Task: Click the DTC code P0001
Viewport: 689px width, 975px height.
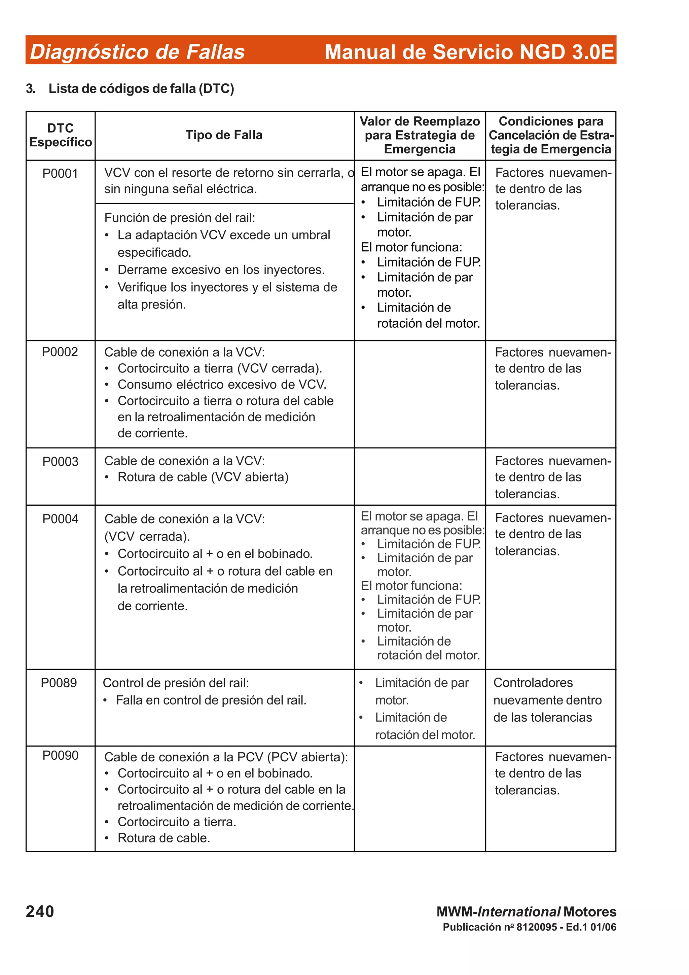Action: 60,174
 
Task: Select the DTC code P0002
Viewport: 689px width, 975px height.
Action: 60,352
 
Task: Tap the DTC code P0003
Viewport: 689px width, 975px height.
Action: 60,462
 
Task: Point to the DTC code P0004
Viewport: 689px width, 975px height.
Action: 60,519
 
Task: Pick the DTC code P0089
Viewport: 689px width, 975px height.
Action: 59,683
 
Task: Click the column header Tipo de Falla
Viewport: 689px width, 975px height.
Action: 224,135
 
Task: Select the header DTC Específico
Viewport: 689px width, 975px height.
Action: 60,135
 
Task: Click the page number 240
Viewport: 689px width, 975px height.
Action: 40,912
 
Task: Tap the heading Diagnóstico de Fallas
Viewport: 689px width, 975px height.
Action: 137,52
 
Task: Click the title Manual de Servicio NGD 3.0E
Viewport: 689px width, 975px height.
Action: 469,52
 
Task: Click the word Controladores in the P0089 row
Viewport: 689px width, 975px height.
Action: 533,683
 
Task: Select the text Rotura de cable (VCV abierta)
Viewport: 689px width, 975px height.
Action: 203,477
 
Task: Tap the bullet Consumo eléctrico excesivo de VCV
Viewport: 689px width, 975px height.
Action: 222,385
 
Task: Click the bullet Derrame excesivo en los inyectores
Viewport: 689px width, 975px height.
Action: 221,270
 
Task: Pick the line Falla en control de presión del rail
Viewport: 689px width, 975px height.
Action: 211,700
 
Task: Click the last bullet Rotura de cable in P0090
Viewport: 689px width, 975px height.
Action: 164,838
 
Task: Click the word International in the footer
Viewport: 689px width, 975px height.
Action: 519,912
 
